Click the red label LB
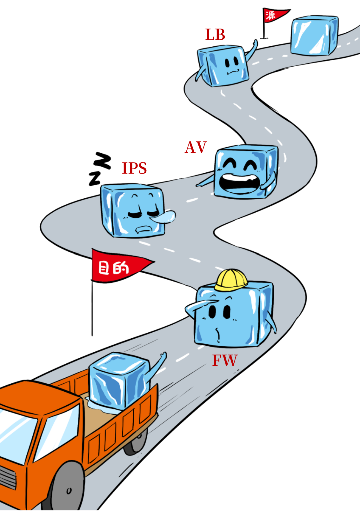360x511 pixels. [x=215, y=35]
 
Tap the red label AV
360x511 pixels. [x=196, y=147]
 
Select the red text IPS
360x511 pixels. [x=134, y=168]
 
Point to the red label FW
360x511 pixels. [x=225, y=360]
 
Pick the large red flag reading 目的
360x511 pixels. [x=117, y=267]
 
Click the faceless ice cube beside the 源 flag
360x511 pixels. [x=314, y=35]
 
